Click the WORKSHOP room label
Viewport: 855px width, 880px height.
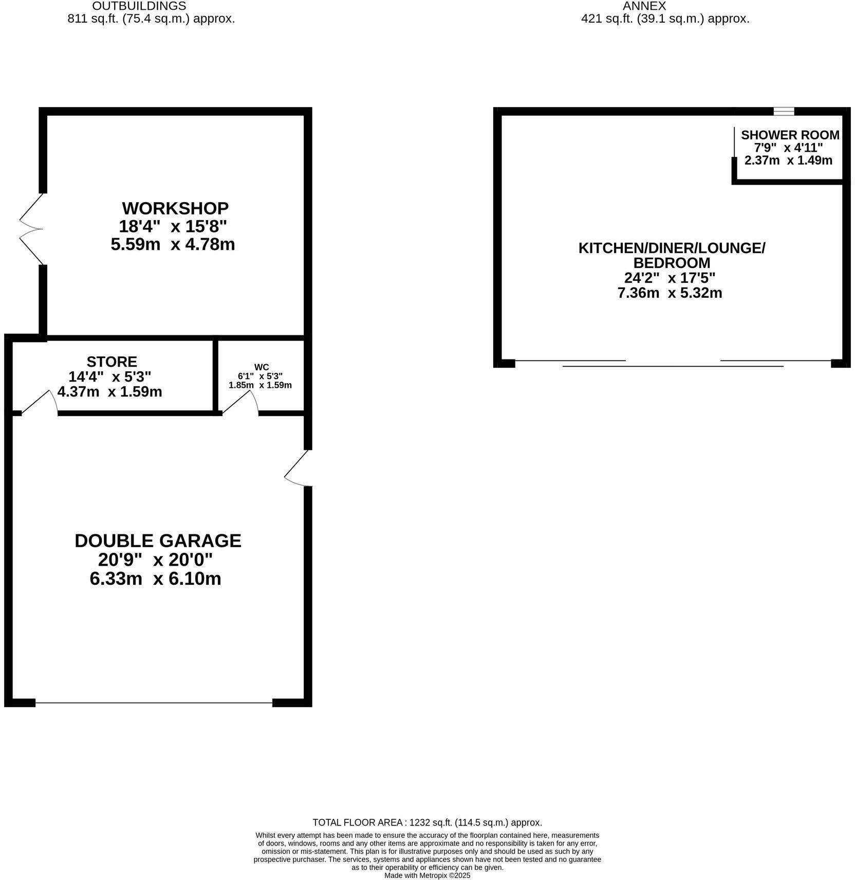pyautogui.click(x=175, y=208)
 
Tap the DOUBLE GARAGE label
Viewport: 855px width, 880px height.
pyautogui.click(x=158, y=541)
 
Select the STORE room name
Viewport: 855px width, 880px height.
pyautogui.click(x=111, y=362)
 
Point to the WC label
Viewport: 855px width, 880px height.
pyautogui.click(x=262, y=367)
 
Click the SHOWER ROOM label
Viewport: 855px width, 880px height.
pyautogui.click(x=790, y=135)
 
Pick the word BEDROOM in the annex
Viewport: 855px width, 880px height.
pyautogui.click(x=672, y=263)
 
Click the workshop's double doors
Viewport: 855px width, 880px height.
pyautogui.click(x=31, y=229)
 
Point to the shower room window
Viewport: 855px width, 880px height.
pyautogui.click(x=784, y=111)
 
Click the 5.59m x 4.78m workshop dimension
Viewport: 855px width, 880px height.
pyautogui.click(x=173, y=244)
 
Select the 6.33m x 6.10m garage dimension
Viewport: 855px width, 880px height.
pyautogui.click(x=155, y=579)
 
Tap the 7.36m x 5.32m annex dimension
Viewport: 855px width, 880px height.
pyautogui.click(x=670, y=293)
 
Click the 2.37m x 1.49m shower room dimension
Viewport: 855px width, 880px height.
pyautogui.click(x=788, y=160)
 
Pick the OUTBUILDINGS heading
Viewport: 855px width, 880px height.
pyautogui.click(x=139, y=6)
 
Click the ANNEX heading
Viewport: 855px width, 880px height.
pyautogui.click(x=644, y=6)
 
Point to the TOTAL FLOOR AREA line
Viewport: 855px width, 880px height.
pyautogui.click(x=427, y=822)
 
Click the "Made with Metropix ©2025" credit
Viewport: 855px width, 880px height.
pyautogui.click(x=427, y=875)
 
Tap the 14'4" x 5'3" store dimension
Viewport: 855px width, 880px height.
pyautogui.click(x=109, y=376)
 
